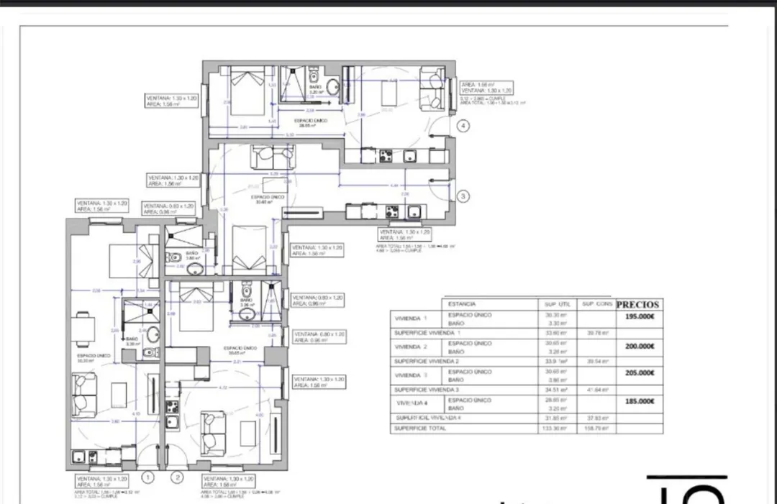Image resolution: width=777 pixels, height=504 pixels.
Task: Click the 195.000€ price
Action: (x=640, y=317)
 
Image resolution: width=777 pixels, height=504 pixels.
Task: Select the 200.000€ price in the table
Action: (x=640, y=346)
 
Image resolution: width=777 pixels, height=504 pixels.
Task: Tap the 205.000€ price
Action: (x=640, y=373)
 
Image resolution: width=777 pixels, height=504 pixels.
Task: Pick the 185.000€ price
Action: (x=640, y=403)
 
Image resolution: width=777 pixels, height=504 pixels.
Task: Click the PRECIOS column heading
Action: (x=637, y=304)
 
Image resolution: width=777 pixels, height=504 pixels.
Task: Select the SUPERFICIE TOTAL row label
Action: (x=419, y=429)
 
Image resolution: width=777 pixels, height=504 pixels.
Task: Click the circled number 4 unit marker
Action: (x=464, y=127)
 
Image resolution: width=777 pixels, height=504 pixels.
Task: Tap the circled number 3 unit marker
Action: (x=464, y=195)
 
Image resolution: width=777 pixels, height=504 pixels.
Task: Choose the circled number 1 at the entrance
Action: (x=148, y=476)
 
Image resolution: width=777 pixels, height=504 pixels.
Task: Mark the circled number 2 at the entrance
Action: (x=177, y=476)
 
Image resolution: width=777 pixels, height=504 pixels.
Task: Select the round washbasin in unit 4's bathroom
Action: (x=332, y=86)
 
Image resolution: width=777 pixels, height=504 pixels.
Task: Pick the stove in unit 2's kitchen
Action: (x=173, y=407)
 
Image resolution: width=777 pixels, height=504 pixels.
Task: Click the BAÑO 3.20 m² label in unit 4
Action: (x=314, y=90)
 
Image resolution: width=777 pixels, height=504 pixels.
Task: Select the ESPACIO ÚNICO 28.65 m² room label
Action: (x=312, y=122)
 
